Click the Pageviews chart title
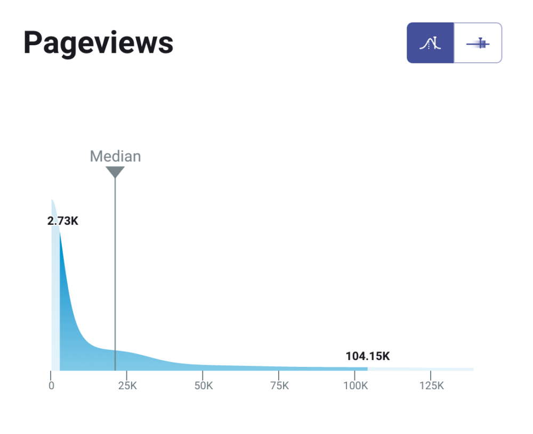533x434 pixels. [98, 43]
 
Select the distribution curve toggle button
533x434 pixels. [431, 43]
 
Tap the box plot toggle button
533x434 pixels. [478, 43]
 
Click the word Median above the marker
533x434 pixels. [115, 156]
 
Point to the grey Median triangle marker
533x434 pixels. [115, 171]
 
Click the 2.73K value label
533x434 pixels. [63, 221]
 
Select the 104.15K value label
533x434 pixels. [368, 356]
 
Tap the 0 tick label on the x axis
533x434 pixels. [51, 386]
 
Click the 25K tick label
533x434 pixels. [127, 386]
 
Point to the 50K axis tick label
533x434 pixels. [203, 386]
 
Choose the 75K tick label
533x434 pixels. [279, 386]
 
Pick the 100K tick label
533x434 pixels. [356, 386]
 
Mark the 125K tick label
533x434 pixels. [431, 386]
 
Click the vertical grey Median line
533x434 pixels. [115, 266]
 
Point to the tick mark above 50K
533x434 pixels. [203, 374]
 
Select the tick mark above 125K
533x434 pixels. [431, 374]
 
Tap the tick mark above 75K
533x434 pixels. [279, 374]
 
